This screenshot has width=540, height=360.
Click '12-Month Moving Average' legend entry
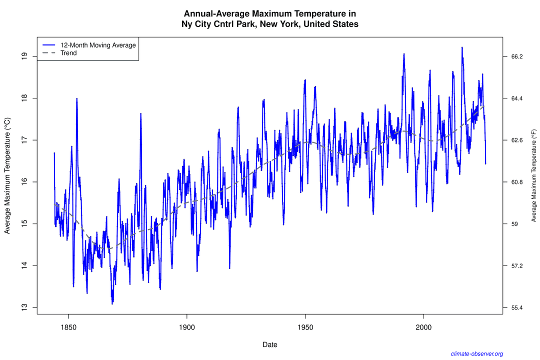tap(94, 45)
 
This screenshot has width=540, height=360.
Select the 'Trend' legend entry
tap(68, 53)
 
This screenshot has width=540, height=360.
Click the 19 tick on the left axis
tap(24, 56)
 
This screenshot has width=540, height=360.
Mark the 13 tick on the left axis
tap(24, 307)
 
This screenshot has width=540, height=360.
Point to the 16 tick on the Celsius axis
tap(24, 182)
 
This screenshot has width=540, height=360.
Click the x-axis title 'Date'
tap(269, 344)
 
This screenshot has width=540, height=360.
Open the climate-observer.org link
tap(476, 353)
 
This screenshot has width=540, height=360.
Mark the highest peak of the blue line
tap(462, 47)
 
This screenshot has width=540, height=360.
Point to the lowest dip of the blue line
tap(112, 303)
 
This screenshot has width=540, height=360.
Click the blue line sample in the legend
tap(48, 45)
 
